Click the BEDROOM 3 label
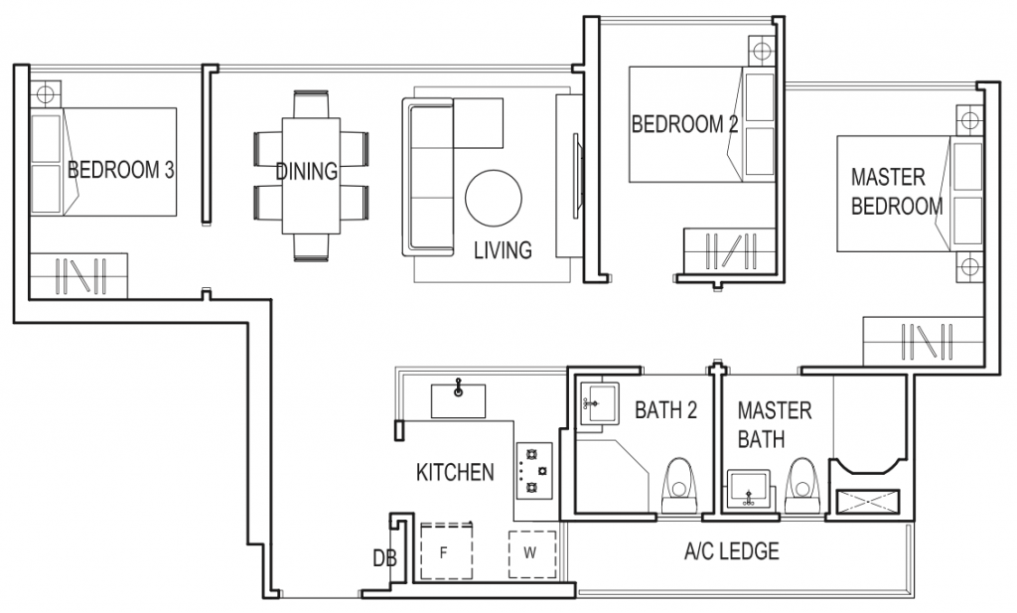pyautogui.click(x=121, y=170)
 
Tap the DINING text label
pyautogui.click(x=306, y=171)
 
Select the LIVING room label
pyautogui.click(x=502, y=249)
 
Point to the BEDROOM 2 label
pyautogui.click(x=684, y=124)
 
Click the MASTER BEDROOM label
pyautogui.click(x=896, y=192)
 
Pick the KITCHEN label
pyautogui.click(x=454, y=472)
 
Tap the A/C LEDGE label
pyautogui.click(x=731, y=550)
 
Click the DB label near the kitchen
pyautogui.click(x=384, y=559)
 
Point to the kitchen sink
pyautogui.click(x=458, y=400)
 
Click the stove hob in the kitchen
pyautogui.click(x=532, y=470)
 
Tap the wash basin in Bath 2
pyautogui.click(x=598, y=403)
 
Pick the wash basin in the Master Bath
pyautogui.click(x=750, y=490)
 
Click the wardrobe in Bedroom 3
pyautogui.click(x=77, y=274)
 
